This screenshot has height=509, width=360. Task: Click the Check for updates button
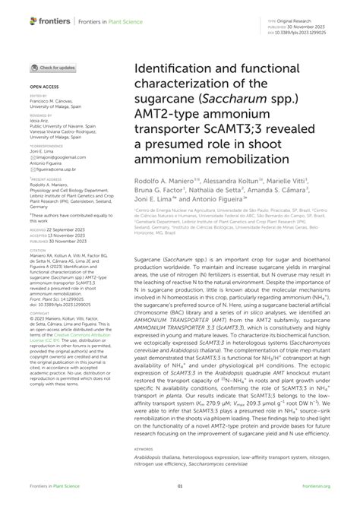pos(54,68)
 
